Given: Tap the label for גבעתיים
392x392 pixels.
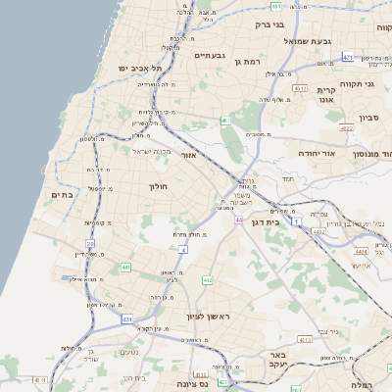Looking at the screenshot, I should click(x=210, y=55).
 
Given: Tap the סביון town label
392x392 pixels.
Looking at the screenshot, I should click(x=368, y=117).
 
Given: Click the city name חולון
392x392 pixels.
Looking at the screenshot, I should click(x=159, y=186).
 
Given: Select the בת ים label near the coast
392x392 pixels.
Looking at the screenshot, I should click(x=62, y=194).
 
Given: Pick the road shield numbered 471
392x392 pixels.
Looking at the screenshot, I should click(x=348, y=58).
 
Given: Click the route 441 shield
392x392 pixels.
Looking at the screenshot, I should click(x=125, y=267).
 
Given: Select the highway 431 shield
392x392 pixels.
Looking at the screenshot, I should click(x=127, y=319).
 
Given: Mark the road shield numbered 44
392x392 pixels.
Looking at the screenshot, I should click(x=238, y=220).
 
